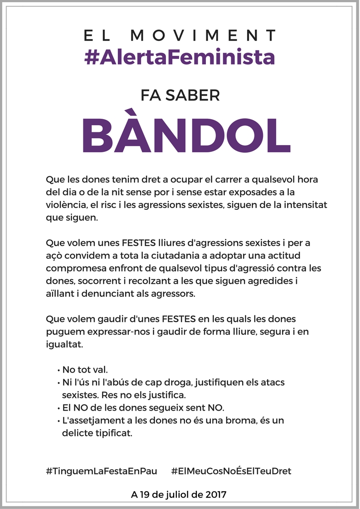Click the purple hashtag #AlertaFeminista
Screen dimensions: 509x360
[180, 58]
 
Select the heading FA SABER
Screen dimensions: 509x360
[180, 95]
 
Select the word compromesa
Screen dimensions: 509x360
[72, 268]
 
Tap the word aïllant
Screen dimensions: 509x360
[60, 293]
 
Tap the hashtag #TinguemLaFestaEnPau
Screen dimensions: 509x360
[102, 471]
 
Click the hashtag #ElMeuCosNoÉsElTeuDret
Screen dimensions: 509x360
[231, 471]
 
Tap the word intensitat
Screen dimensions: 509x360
[305, 205]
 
